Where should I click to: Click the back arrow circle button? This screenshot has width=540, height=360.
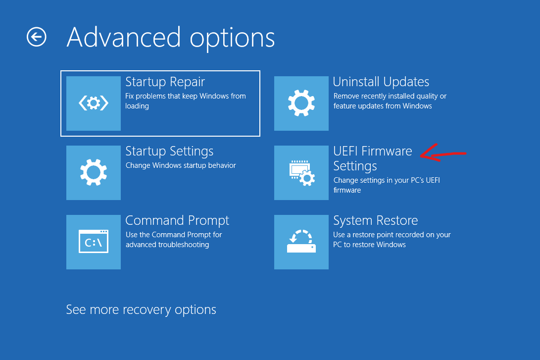tap(37, 37)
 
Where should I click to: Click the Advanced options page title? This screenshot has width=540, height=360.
tap(171, 38)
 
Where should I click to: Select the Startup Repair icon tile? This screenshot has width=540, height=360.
tap(94, 103)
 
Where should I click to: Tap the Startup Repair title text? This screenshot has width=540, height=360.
tap(165, 82)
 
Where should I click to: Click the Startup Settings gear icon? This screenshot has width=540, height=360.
tap(94, 173)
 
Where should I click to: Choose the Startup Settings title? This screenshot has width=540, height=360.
tap(169, 152)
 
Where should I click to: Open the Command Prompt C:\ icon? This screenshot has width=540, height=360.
tap(94, 242)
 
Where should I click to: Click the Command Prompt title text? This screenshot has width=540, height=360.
tap(177, 220)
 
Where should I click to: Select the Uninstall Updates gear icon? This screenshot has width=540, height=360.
tap(301, 103)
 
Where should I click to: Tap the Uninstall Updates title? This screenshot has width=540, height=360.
tap(381, 82)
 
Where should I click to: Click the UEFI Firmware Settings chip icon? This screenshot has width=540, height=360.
tap(301, 173)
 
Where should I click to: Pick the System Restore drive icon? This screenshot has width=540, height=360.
tap(301, 242)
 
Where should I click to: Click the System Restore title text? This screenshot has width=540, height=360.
tap(376, 220)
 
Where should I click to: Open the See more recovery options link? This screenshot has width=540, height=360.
tap(141, 309)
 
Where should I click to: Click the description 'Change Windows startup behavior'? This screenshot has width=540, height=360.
tap(181, 165)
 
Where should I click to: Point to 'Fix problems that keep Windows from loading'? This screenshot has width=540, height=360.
tap(186, 101)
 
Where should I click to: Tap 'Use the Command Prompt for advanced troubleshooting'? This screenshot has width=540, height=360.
tap(174, 240)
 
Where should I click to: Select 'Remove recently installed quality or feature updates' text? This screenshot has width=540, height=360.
tap(390, 101)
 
